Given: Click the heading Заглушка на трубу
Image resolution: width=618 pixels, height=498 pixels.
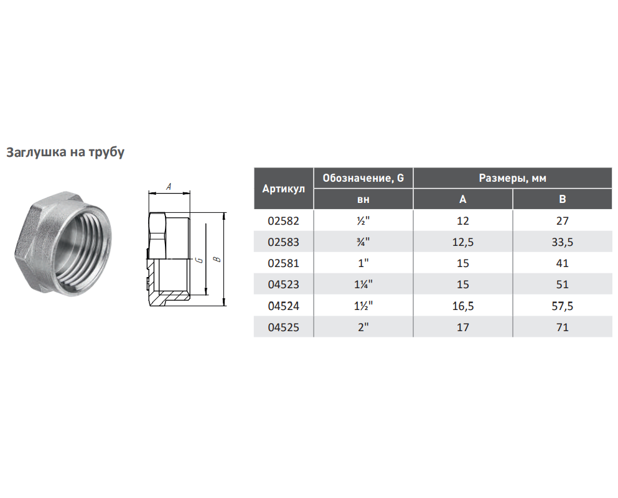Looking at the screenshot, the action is (x=65, y=152).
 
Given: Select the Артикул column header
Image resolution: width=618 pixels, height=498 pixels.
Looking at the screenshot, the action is (x=284, y=189).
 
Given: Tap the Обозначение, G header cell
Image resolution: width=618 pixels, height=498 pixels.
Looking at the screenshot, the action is (x=363, y=178).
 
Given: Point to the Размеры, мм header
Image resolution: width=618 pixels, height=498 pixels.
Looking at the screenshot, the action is (x=512, y=178).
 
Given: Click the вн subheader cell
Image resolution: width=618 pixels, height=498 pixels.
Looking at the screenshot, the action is (x=363, y=200).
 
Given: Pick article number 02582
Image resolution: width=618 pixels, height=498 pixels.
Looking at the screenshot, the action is (x=283, y=221).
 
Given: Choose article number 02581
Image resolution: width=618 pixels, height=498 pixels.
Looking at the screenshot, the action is (x=283, y=263).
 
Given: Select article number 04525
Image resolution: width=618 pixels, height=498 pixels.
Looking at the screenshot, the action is (x=283, y=327).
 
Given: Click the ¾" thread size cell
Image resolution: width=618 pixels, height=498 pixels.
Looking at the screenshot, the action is (x=363, y=242).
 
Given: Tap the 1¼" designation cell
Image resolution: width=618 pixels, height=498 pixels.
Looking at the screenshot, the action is (x=363, y=284).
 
